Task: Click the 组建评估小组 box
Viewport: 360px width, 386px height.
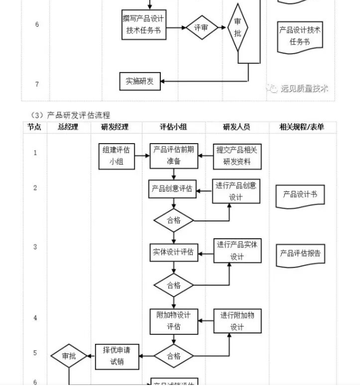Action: pyautogui.click(x=116, y=156)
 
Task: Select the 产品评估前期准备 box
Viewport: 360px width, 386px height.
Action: pyautogui.click(x=173, y=156)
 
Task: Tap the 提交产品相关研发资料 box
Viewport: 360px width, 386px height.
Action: pyautogui.click(x=236, y=156)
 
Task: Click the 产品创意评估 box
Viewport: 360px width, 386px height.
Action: pyautogui.click(x=172, y=189)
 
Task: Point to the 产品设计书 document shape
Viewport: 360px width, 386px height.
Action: pyautogui.click(x=300, y=195)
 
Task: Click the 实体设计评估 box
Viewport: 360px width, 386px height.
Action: pyautogui.click(x=173, y=252)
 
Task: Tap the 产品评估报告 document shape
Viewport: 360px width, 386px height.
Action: pyautogui.click(x=300, y=254)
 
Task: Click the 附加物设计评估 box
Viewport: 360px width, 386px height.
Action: pyautogui.click(x=173, y=321)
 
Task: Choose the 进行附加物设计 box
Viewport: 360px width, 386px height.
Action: pyautogui.click(x=237, y=321)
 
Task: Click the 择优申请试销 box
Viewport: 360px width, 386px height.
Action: pyautogui.click(x=117, y=356)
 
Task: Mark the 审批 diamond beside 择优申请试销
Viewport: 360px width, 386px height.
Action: pyautogui.click(x=69, y=356)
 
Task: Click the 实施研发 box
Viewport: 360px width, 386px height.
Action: pyautogui.click(x=140, y=82)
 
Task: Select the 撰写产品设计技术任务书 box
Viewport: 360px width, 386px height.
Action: pyautogui.click(x=143, y=25)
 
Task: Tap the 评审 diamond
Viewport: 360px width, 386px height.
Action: pyautogui.click(x=202, y=27)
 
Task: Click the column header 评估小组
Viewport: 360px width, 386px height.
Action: pyautogui.click(x=173, y=127)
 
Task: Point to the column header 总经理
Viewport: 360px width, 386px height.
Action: pyautogui.click(x=68, y=127)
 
